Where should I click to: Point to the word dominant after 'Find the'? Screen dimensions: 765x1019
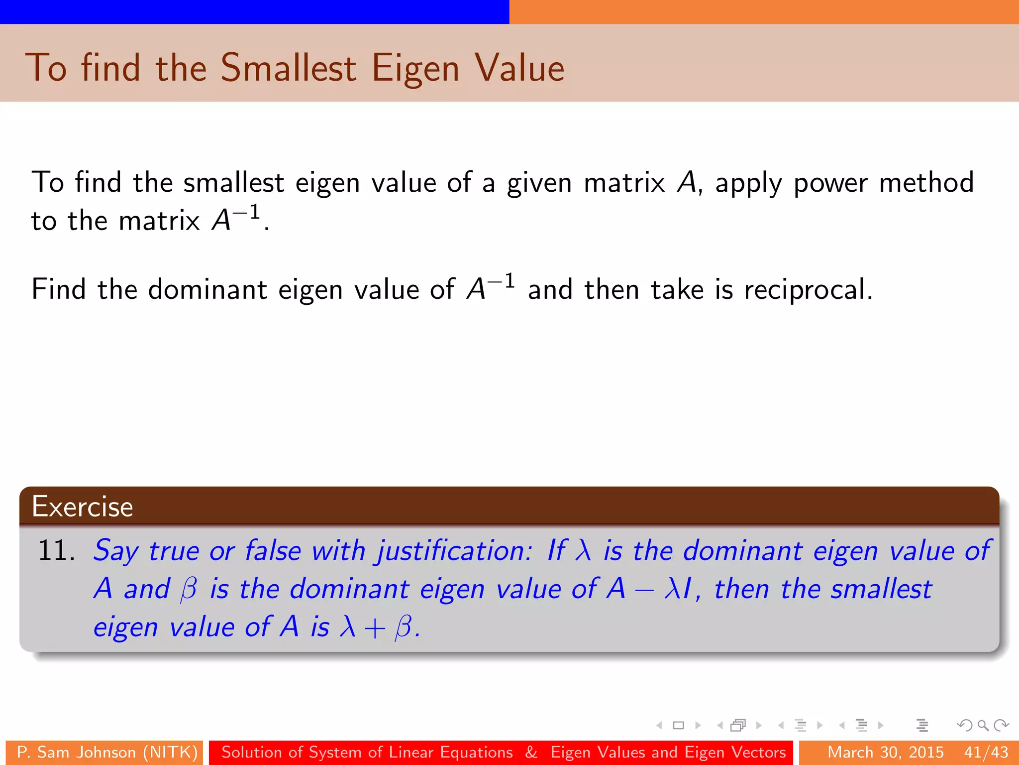(207, 290)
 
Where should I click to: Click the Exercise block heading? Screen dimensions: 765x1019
(83, 507)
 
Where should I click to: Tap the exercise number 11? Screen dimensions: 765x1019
(56, 551)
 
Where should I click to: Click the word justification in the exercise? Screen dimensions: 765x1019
(453, 551)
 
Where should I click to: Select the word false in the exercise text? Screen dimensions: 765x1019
(273, 551)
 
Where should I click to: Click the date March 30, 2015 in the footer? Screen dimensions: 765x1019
(885, 752)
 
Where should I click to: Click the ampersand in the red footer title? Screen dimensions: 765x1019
(531, 752)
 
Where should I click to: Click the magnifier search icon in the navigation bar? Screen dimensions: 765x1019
(983, 725)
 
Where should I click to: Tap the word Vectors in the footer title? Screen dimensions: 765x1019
(759, 752)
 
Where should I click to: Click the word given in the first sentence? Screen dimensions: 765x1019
(539, 183)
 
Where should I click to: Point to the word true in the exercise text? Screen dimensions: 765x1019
(173, 551)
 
